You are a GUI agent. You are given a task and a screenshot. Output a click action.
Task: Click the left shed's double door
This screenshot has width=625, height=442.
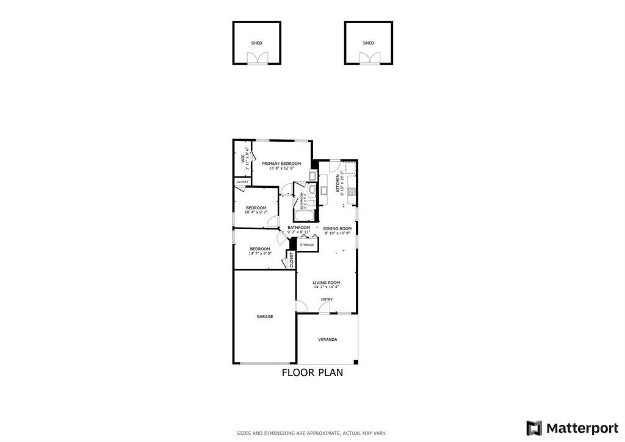[x=257, y=58]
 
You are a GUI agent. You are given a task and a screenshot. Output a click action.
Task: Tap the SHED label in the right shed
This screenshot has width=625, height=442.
[x=368, y=43]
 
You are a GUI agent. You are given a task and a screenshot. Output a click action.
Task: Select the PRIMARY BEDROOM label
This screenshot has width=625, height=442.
[x=281, y=164]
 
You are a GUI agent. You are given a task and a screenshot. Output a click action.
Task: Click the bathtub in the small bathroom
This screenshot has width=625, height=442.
[x=303, y=216]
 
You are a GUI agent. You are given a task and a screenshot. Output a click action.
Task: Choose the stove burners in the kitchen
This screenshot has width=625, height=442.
[x=352, y=190]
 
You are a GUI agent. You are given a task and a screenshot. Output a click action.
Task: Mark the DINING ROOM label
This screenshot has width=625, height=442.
[x=338, y=228]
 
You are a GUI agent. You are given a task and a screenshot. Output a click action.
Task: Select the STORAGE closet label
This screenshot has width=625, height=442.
[x=307, y=245]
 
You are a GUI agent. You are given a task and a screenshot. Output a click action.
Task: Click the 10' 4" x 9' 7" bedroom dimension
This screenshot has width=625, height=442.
[x=256, y=212]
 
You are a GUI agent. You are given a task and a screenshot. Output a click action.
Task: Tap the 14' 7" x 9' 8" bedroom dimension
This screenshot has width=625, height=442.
[x=260, y=253]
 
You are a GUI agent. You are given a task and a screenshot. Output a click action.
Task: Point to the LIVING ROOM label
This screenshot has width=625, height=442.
[x=326, y=283]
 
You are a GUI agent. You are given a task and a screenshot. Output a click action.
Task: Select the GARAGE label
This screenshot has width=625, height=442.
[x=264, y=316]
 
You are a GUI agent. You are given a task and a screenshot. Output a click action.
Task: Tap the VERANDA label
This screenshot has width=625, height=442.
[x=327, y=339]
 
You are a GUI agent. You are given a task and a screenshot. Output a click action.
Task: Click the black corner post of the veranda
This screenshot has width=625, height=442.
[x=356, y=362]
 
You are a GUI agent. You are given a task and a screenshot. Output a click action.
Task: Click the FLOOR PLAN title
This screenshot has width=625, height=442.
[x=312, y=372]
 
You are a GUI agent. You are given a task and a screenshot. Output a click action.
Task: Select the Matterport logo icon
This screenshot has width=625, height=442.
[x=534, y=428]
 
